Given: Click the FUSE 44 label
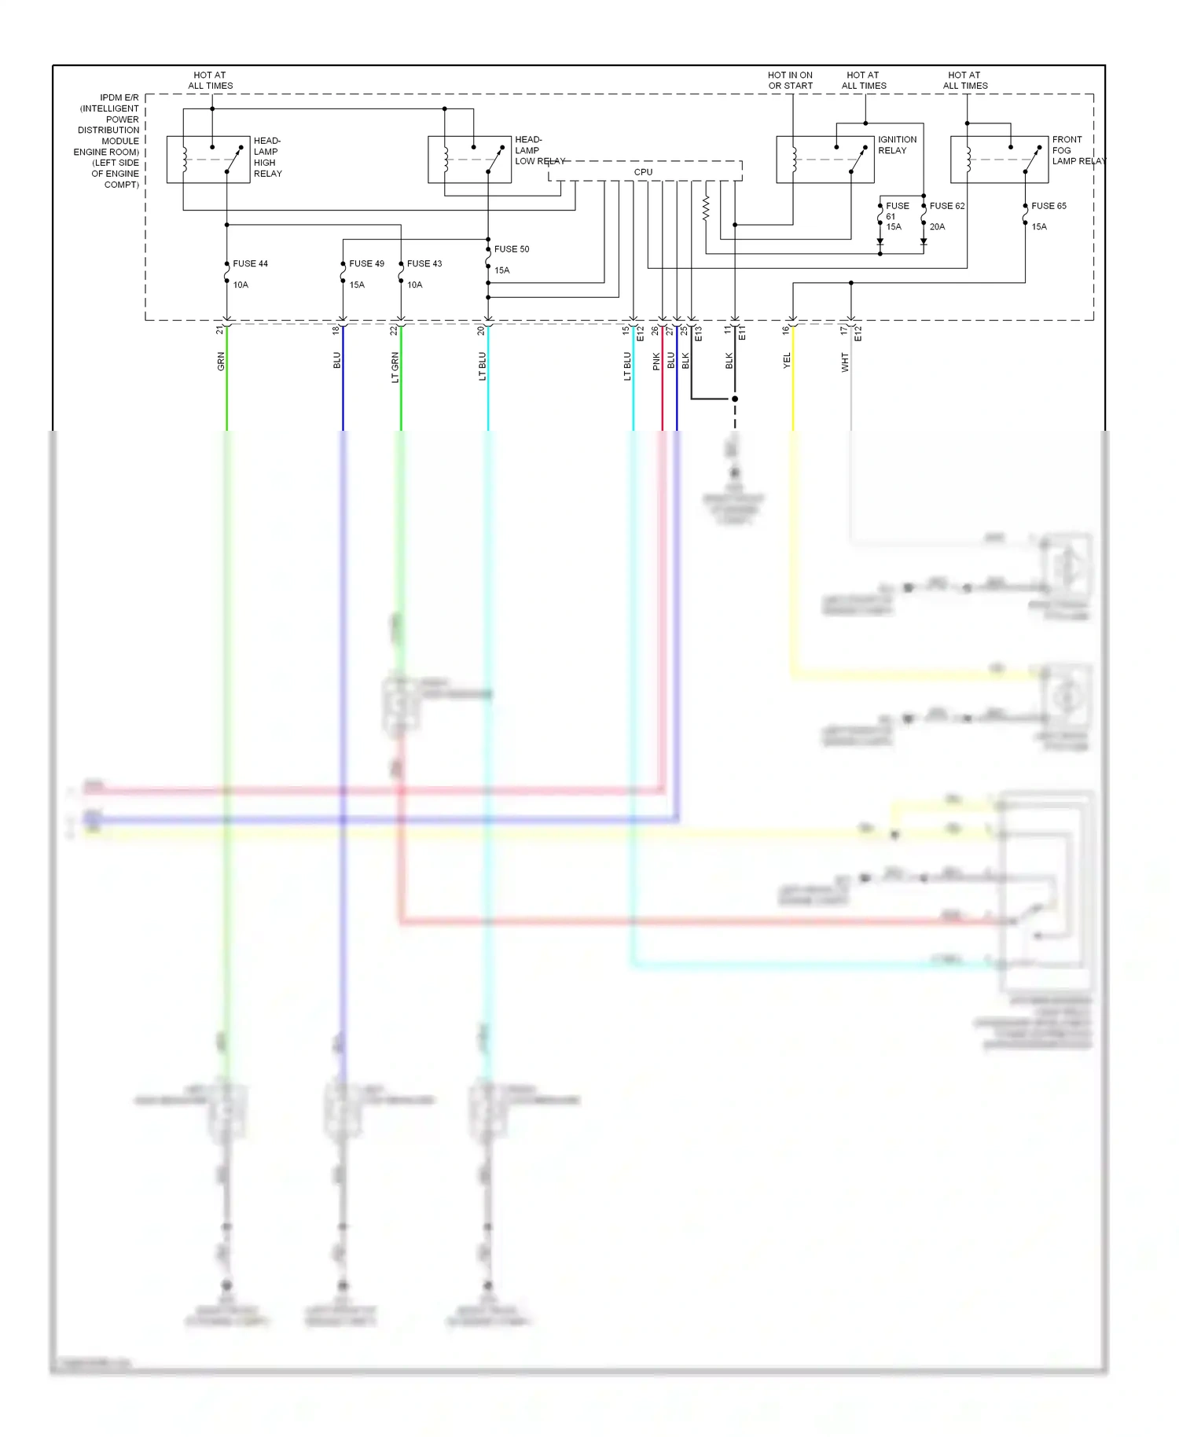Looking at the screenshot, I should [250, 264].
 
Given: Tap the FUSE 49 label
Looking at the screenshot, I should [366, 264].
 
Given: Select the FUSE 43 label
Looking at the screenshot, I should [424, 264].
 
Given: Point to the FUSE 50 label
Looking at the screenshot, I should [512, 249].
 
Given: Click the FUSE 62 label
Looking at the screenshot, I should [947, 206].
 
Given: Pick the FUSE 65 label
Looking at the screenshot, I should [1049, 206].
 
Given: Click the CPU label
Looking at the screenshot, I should [643, 172].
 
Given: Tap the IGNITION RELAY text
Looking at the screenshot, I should [897, 145].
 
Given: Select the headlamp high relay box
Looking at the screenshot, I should [208, 160].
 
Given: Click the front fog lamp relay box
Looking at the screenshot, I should [999, 160].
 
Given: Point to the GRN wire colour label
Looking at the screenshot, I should [221, 362].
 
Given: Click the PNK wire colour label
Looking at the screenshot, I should [656, 362].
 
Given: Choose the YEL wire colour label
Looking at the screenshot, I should [787, 361].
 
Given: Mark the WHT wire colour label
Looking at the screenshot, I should [845, 362].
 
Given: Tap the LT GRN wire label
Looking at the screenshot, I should [395, 367].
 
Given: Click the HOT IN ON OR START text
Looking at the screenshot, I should [791, 81].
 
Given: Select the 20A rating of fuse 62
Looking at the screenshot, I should [937, 227].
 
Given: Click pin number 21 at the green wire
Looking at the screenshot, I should [219, 331].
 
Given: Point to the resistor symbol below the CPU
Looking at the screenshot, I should [706, 208].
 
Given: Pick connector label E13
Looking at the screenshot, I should [698, 333].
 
